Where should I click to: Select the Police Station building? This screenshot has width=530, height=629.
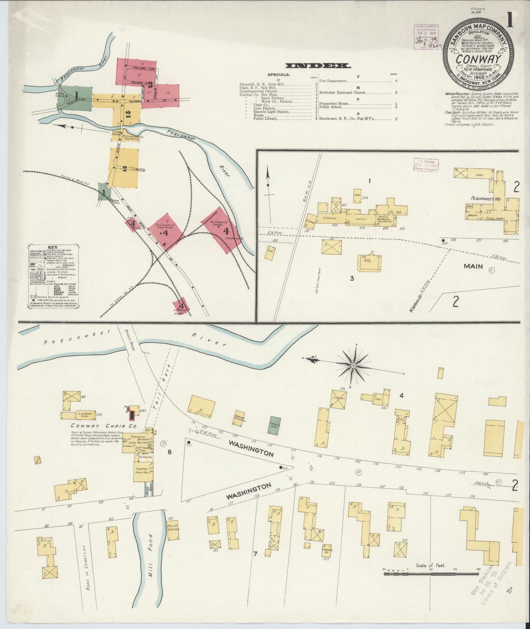(x=172, y=530)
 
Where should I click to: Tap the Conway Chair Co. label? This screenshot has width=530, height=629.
(x=104, y=426)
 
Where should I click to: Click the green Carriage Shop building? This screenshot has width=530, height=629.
(x=275, y=423)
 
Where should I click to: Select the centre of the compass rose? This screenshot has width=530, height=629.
(x=353, y=366)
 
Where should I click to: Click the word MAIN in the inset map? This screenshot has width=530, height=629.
(x=473, y=266)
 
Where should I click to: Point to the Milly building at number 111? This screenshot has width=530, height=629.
(x=369, y=262)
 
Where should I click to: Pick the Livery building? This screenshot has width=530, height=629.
(x=338, y=399)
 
